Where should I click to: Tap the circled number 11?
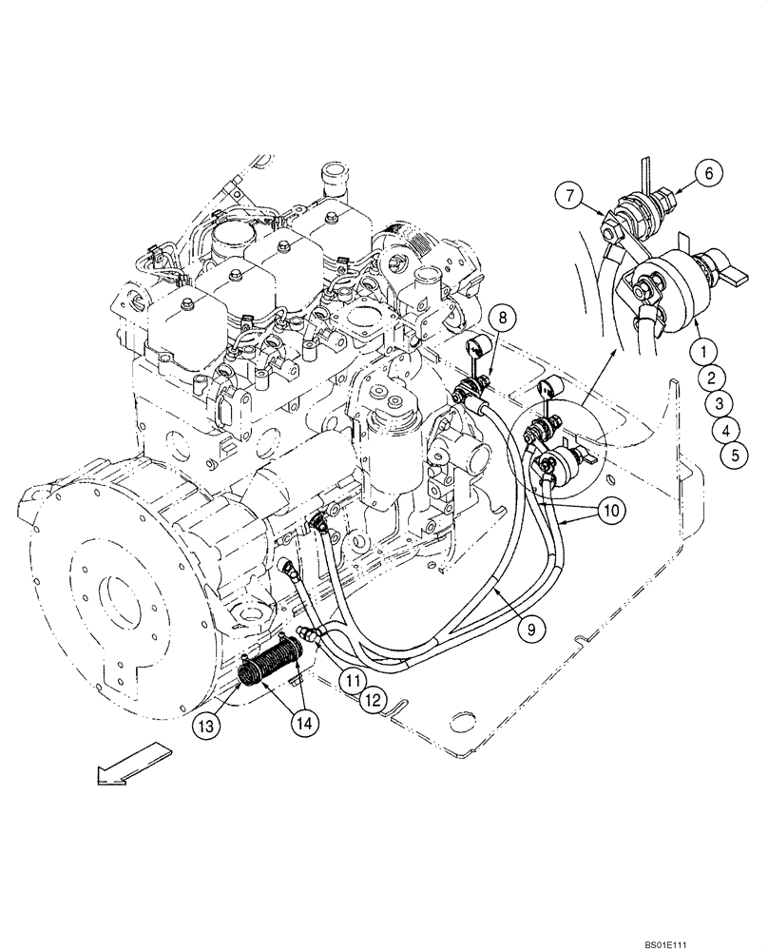(354, 680)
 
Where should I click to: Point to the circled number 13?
(208, 725)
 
